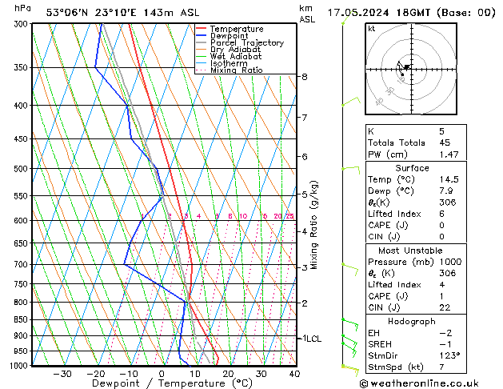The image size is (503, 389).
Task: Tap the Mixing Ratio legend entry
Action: click(x=236, y=70)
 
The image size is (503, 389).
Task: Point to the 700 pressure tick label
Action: click(x=22, y=264)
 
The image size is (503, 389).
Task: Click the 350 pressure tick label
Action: click(x=22, y=67)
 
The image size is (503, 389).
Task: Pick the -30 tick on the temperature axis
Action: click(x=62, y=374)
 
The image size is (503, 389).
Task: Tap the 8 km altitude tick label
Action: click(x=304, y=77)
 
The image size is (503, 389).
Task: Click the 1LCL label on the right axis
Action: click(x=310, y=339)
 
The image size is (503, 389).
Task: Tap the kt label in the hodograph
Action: click(x=371, y=28)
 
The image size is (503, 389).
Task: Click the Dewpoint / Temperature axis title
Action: click(x=161, y=384)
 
